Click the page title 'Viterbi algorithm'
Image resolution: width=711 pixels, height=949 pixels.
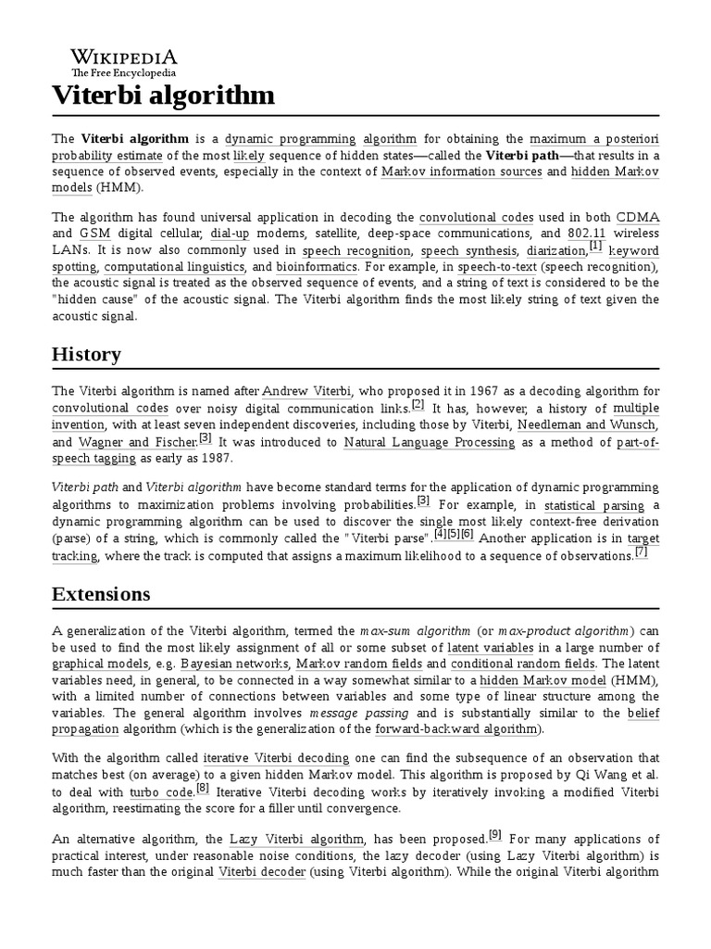point(163,95)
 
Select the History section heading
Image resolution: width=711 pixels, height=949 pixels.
point(86,354)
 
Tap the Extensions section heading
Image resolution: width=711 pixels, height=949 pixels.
point(101,593)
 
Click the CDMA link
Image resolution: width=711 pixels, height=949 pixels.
point(637,217)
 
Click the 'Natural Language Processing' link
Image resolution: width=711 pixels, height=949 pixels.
point(429,442)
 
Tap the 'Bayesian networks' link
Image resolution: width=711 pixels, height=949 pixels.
point(232,664)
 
